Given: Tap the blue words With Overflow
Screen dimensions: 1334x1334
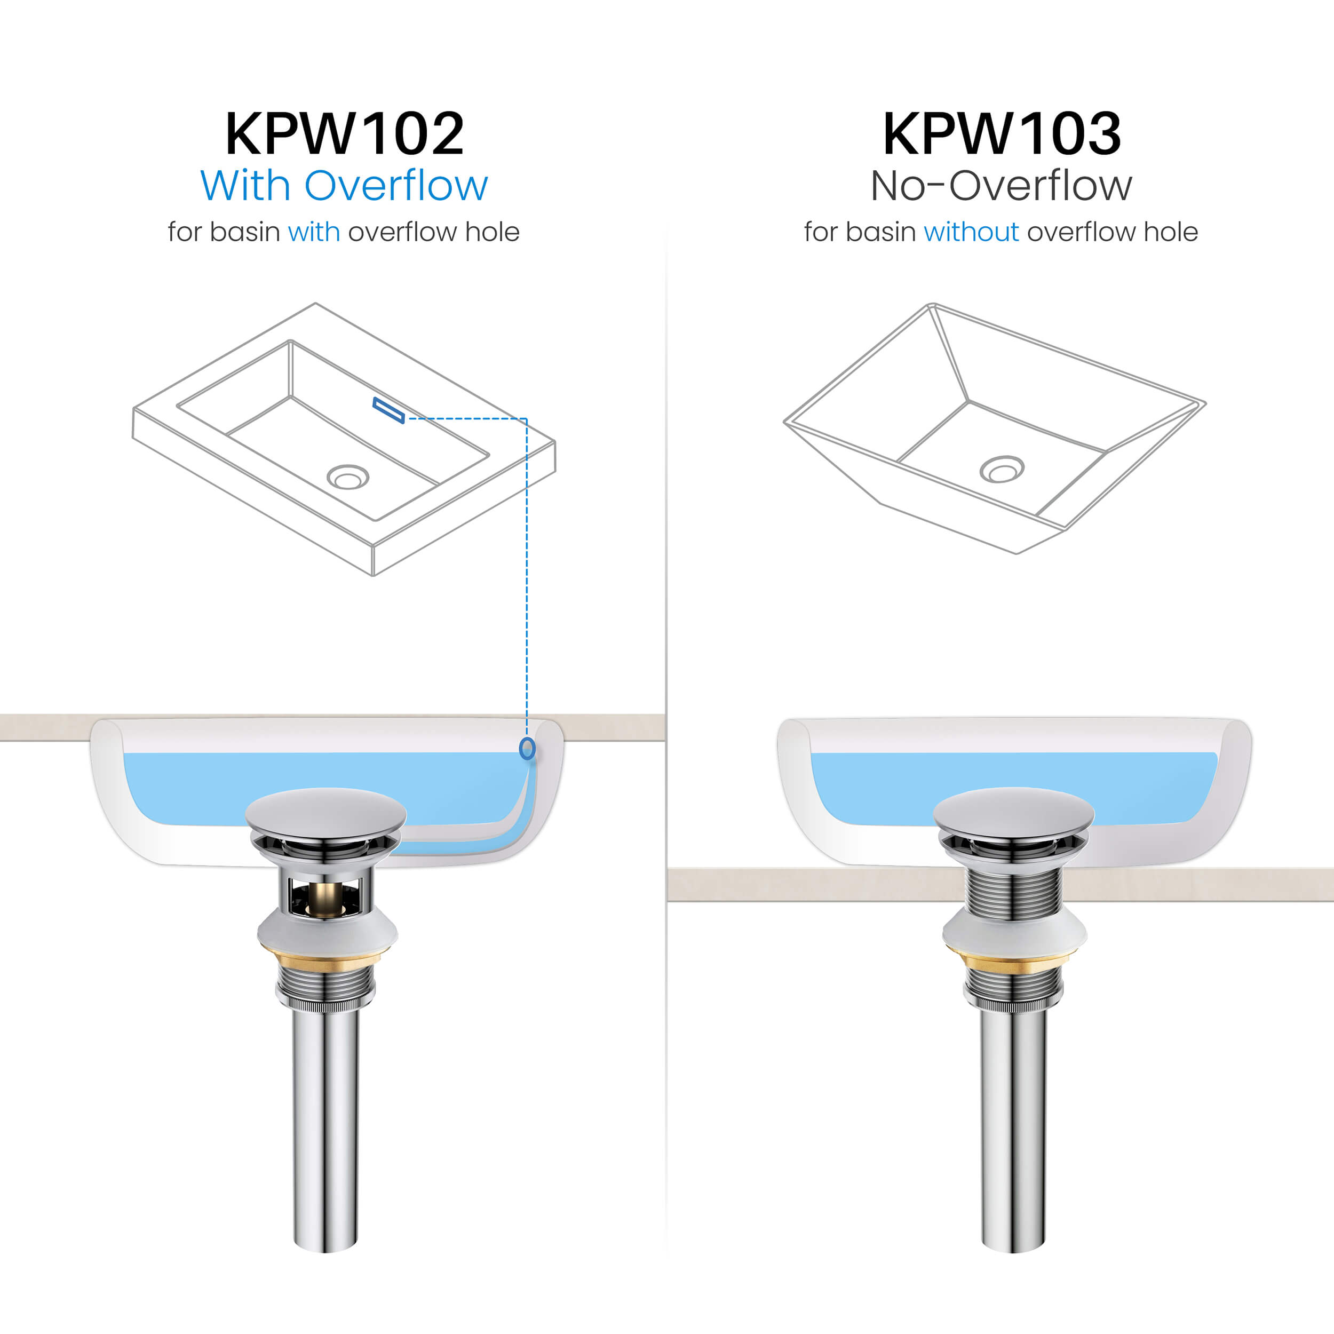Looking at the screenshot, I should point(344,186).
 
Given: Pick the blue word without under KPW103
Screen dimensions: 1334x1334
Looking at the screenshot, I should point(971,232).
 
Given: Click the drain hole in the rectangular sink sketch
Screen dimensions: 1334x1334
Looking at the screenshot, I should point(348,477).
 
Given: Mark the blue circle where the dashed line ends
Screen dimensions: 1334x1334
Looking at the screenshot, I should point(527,749).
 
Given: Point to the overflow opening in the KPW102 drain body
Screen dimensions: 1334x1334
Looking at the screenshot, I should point(324,896).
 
